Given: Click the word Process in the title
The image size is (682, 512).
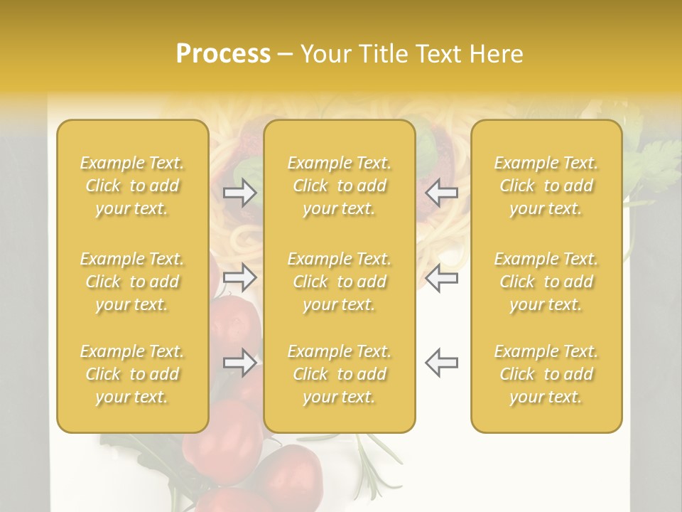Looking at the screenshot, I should pyautogui.click(x=223, y=54).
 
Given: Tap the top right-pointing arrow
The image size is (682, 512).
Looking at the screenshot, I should pyautogui.click(x=240, y=192).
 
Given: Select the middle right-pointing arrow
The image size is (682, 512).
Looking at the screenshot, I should pyautogui.click(x=240, y=277).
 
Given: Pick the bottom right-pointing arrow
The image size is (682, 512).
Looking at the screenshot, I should pyautogui.click(x=240, y=363).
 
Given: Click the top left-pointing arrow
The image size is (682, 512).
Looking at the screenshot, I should pyautogui.click(x=441, y=192).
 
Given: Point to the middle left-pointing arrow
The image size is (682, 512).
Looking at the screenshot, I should pyautogui.click(x=441, y=277).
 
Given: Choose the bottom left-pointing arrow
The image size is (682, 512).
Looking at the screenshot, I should pyautogui.click(x=441, y=363).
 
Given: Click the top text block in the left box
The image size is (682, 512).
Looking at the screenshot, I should pyautogui.click(x=132, y=186).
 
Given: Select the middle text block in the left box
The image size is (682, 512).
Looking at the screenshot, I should pyautogui.click(x=132, y=282).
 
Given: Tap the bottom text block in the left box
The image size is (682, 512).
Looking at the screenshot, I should pyautogui.click(x=132, y=374).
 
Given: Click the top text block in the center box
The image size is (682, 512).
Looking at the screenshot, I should pyautogui.click(x=340, y=186).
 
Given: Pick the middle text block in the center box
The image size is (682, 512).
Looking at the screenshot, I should pyautogui.click(x=340, y=282).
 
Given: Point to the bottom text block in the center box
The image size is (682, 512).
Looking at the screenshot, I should pyautogui.click(x=340, y=374).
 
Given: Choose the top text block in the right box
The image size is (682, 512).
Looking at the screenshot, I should pyautogui.click(x=546, y=186).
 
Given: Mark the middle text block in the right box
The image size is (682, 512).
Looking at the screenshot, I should pyautogui.click(x=546, y=282).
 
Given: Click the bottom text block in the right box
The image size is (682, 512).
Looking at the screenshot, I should pyautogui.click(x=546, y=374).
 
